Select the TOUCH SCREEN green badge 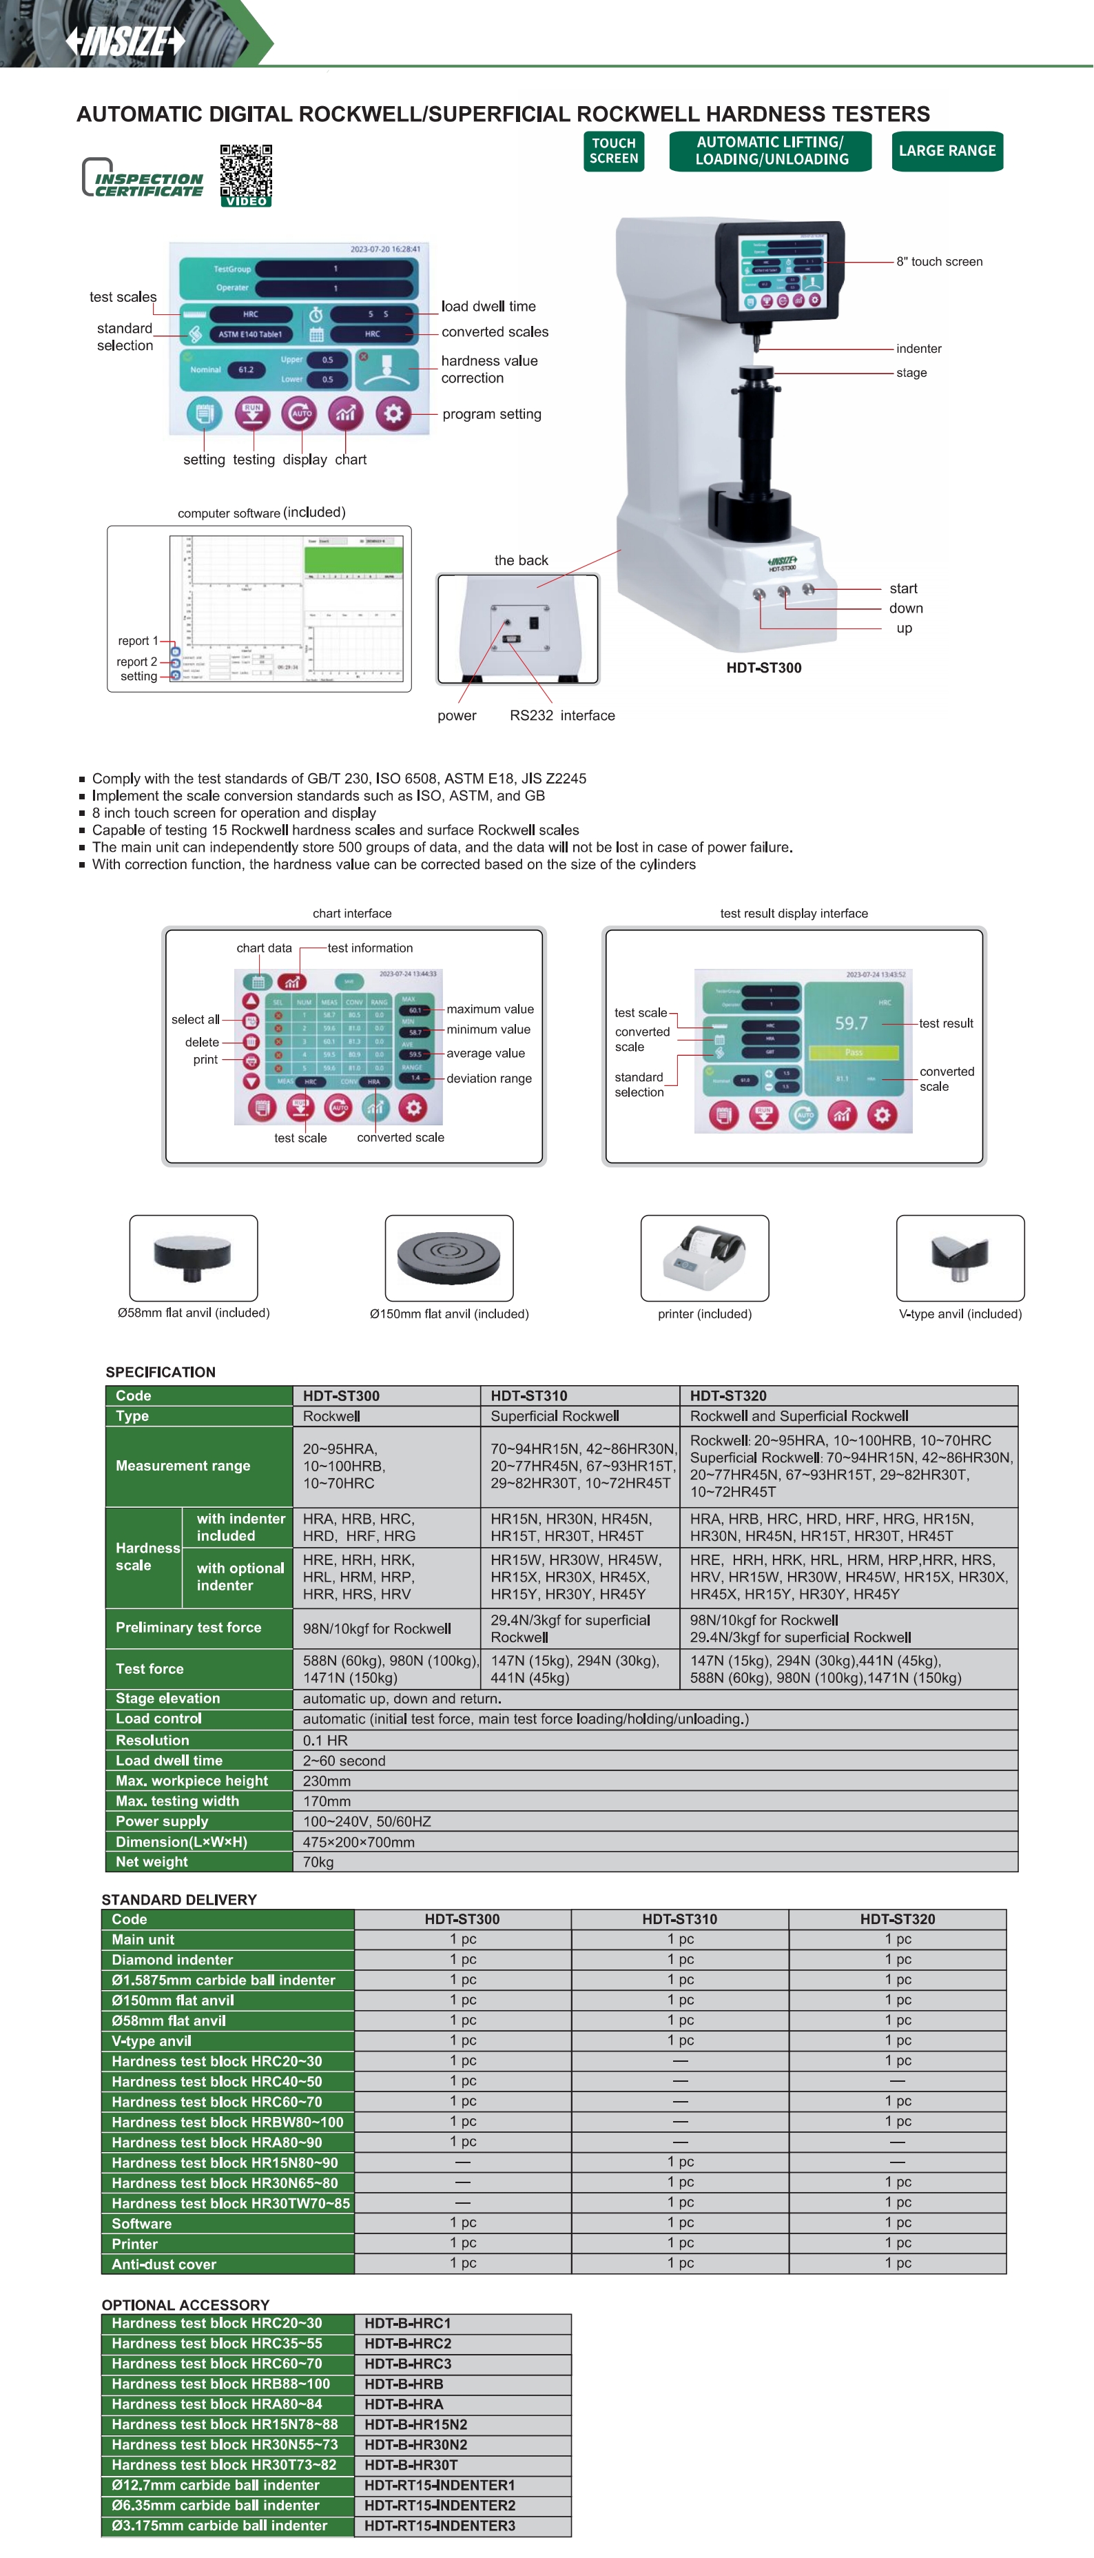tap(614, 151)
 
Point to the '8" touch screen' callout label tap(939, 262)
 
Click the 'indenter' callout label tap(918, 349)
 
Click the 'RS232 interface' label tap(562, 716)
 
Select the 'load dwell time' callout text tap(488, 307)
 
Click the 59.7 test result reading tap(851, 1023)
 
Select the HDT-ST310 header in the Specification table tap(529, 1395)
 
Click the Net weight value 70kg tap(319, 1862)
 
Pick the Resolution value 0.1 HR tap(326, 1740)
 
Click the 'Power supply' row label tap(162, 1821)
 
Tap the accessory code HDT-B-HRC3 tap(408, 2364)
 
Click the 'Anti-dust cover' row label tap(164, 2264)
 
